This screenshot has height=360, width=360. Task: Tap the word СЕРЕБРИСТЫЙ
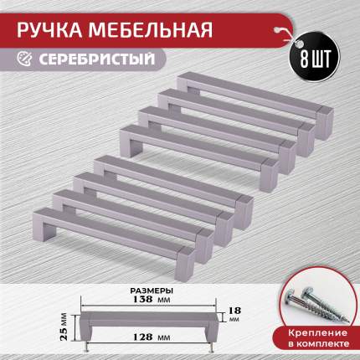pos(96,59)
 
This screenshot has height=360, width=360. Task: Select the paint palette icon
pos(24,59)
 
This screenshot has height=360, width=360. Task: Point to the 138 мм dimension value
pos(152,299)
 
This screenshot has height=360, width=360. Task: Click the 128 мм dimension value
pos(151,337)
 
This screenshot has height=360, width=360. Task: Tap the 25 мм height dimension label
pos(64,326)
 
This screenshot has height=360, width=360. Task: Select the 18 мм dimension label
pos(234,314)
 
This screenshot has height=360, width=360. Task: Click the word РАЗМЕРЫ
pos(152,291)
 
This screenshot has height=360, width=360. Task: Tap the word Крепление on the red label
pos(317,333)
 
